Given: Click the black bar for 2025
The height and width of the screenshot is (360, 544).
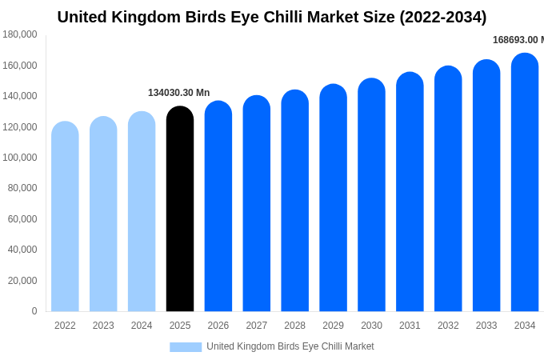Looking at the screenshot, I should [x=180, y=210].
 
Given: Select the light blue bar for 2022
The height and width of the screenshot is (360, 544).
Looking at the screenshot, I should [x=65, y=217].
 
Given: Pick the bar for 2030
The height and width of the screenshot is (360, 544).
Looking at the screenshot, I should [x=371, y=195].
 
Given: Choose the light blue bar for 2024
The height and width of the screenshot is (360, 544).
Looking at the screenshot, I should [x=142, y=212].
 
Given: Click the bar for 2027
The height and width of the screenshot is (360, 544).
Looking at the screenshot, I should [x=257, y=204].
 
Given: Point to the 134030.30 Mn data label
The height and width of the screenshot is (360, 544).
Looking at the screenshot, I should [x=178, y=93].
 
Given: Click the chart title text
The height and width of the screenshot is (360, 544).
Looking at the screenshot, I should [x=272, y=17].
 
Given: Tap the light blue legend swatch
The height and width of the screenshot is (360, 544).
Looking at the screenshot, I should [x=186, y=346].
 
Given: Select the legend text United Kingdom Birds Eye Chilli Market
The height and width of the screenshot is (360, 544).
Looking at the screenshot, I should [x=290, y=346].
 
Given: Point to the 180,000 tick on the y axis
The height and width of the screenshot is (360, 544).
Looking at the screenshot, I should [x=20, y=34].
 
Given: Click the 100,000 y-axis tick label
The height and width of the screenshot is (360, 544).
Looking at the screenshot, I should [x=20, y=158].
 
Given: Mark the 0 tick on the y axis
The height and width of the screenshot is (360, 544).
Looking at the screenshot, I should [x=34, y=311].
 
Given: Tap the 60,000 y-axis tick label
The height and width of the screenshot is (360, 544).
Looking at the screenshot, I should [x=22, y=219].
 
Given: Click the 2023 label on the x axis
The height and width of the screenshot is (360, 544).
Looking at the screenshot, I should [x=103, y=326].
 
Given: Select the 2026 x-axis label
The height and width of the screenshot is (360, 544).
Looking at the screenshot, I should [x=218, y=326].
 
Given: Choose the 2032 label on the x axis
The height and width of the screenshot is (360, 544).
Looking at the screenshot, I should [x=448, y=326].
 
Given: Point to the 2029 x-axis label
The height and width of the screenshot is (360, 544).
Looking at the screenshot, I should [x=333, y=326].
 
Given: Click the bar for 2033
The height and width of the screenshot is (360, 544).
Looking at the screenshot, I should [x=486, y=186].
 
